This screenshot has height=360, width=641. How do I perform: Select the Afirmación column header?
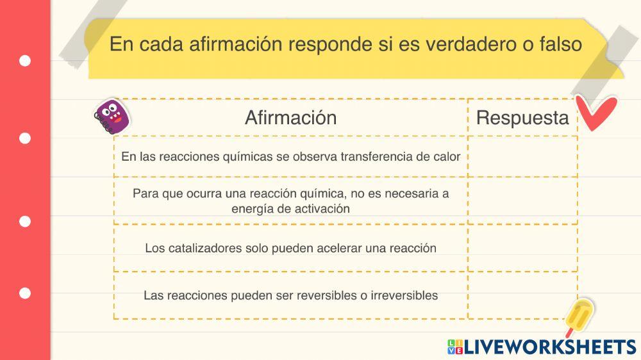coord(290,118)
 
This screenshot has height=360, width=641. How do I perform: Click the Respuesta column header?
coord(522,118)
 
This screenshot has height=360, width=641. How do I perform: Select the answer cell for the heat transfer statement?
coord(522,156)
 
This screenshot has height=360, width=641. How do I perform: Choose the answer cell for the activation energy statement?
coord(522,200)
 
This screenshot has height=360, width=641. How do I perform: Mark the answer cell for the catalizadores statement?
coord(522,248)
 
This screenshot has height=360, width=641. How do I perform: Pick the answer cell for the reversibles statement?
coord(522,295)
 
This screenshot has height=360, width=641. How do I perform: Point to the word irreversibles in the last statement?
coord(404,295)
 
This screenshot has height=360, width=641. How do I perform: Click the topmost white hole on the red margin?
coord(25,61)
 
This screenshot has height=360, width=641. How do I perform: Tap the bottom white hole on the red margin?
coord(25,293)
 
